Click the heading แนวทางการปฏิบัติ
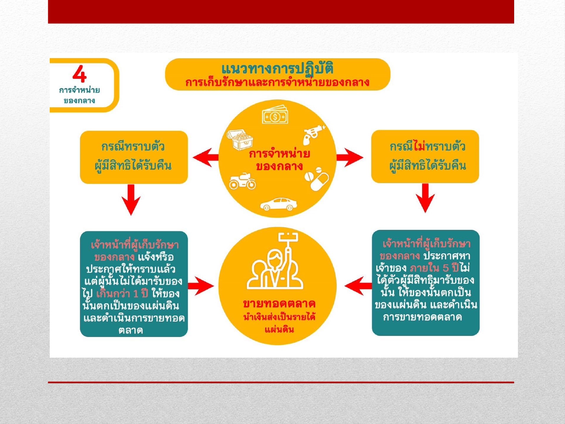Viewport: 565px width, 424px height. point(277,69)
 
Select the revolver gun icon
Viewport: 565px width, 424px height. point(314,134)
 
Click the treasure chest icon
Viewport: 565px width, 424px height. point(240,139)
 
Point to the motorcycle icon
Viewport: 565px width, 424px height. point(242,181)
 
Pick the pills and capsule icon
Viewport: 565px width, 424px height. point(316,179)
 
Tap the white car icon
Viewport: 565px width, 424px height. point(278,204)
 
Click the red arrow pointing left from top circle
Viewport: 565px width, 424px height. point(205,157)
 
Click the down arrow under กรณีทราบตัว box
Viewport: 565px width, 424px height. point(131,200)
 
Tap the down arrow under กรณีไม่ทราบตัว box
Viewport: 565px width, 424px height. point(425,198)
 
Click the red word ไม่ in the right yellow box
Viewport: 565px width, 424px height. point(419,146)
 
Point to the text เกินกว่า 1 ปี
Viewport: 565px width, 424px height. point(122,294)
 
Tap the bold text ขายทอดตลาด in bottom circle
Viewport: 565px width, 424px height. point(279,304)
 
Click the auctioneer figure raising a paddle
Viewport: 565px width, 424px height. point(275,263)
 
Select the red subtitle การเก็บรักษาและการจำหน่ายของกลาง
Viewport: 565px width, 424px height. point(277,83)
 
